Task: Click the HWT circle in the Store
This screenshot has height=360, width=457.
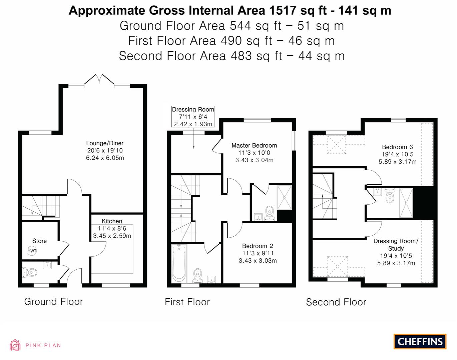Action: pos(32,251)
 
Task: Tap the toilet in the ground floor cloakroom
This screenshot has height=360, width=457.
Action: pos(29,273)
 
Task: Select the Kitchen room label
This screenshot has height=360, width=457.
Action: pos(112,221)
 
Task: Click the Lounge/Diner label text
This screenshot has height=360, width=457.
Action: pos(105,143)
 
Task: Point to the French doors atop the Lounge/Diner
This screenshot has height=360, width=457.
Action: pos(99,80)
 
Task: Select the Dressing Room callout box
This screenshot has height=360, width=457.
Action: pos(193,117)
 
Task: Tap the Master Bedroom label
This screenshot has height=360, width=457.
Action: pos(254,145)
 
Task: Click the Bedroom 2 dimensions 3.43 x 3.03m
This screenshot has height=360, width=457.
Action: pos(258,261)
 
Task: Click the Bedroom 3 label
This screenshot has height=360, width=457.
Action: pos(397,147)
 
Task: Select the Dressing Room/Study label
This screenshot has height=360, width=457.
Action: pos(396,244)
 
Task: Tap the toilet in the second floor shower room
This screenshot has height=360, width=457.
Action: pos(390,197)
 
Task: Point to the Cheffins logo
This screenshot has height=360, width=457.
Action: pos(420,341)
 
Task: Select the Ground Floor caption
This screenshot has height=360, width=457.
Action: pos(53,302)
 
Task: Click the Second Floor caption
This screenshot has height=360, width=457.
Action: pos(336,302)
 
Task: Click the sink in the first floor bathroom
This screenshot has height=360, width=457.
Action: pos(211,279)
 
